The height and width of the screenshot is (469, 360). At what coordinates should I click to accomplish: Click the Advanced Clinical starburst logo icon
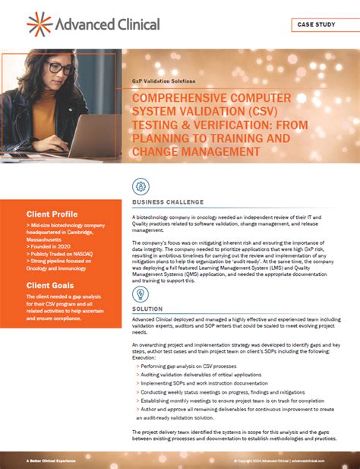click(39, 24)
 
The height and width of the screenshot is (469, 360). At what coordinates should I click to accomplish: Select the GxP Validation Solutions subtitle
click(163, 80)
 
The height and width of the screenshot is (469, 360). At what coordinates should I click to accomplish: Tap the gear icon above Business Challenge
click(141, 186)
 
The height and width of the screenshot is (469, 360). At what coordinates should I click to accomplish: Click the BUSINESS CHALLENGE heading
click(167, 203)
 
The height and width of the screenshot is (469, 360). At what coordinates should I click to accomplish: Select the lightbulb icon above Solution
click(141, 293)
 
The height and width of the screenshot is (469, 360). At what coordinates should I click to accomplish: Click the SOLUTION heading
click(147, 310)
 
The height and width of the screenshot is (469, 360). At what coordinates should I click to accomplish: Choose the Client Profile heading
click(52, 214)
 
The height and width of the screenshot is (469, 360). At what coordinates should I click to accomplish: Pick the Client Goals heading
click(49, 286)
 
